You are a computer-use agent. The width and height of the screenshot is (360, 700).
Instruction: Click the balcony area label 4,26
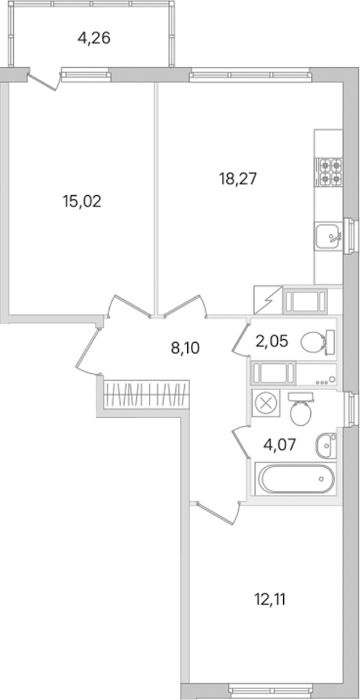click(94, 38)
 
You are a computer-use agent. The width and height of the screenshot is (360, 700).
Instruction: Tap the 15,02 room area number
click(82, 201)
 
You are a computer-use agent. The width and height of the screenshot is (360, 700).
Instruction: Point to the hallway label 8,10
click(185, 348)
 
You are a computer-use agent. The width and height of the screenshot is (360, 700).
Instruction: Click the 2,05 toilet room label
click(272, 342)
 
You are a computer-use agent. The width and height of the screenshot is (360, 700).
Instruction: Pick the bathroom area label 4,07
click(280, 445)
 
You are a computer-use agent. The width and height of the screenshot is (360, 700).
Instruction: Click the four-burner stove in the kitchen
click(328, 172)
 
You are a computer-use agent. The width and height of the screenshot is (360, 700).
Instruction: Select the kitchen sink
click(328, 236)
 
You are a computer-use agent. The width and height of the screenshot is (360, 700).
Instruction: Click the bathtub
click(296, 479)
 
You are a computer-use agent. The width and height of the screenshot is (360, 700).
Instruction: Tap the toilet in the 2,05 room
click(318, 343)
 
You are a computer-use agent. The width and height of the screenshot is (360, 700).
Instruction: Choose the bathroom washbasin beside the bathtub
click(326, 445)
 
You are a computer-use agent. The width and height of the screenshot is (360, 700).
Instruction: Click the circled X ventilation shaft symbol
click(266, 403)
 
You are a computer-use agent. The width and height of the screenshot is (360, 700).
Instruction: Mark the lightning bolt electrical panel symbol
click(268, 300)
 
